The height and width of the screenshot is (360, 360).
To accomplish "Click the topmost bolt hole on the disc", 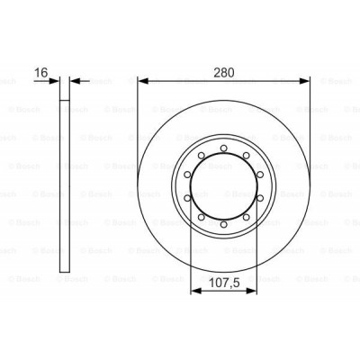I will point(224,146).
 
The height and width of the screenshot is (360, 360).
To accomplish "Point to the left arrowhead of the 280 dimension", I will point(142,79).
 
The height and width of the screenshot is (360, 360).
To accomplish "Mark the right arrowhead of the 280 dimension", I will point(306,79).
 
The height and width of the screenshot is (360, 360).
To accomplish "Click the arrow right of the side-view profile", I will point(76,79).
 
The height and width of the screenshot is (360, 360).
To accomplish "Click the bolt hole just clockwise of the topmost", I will point(247,153).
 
